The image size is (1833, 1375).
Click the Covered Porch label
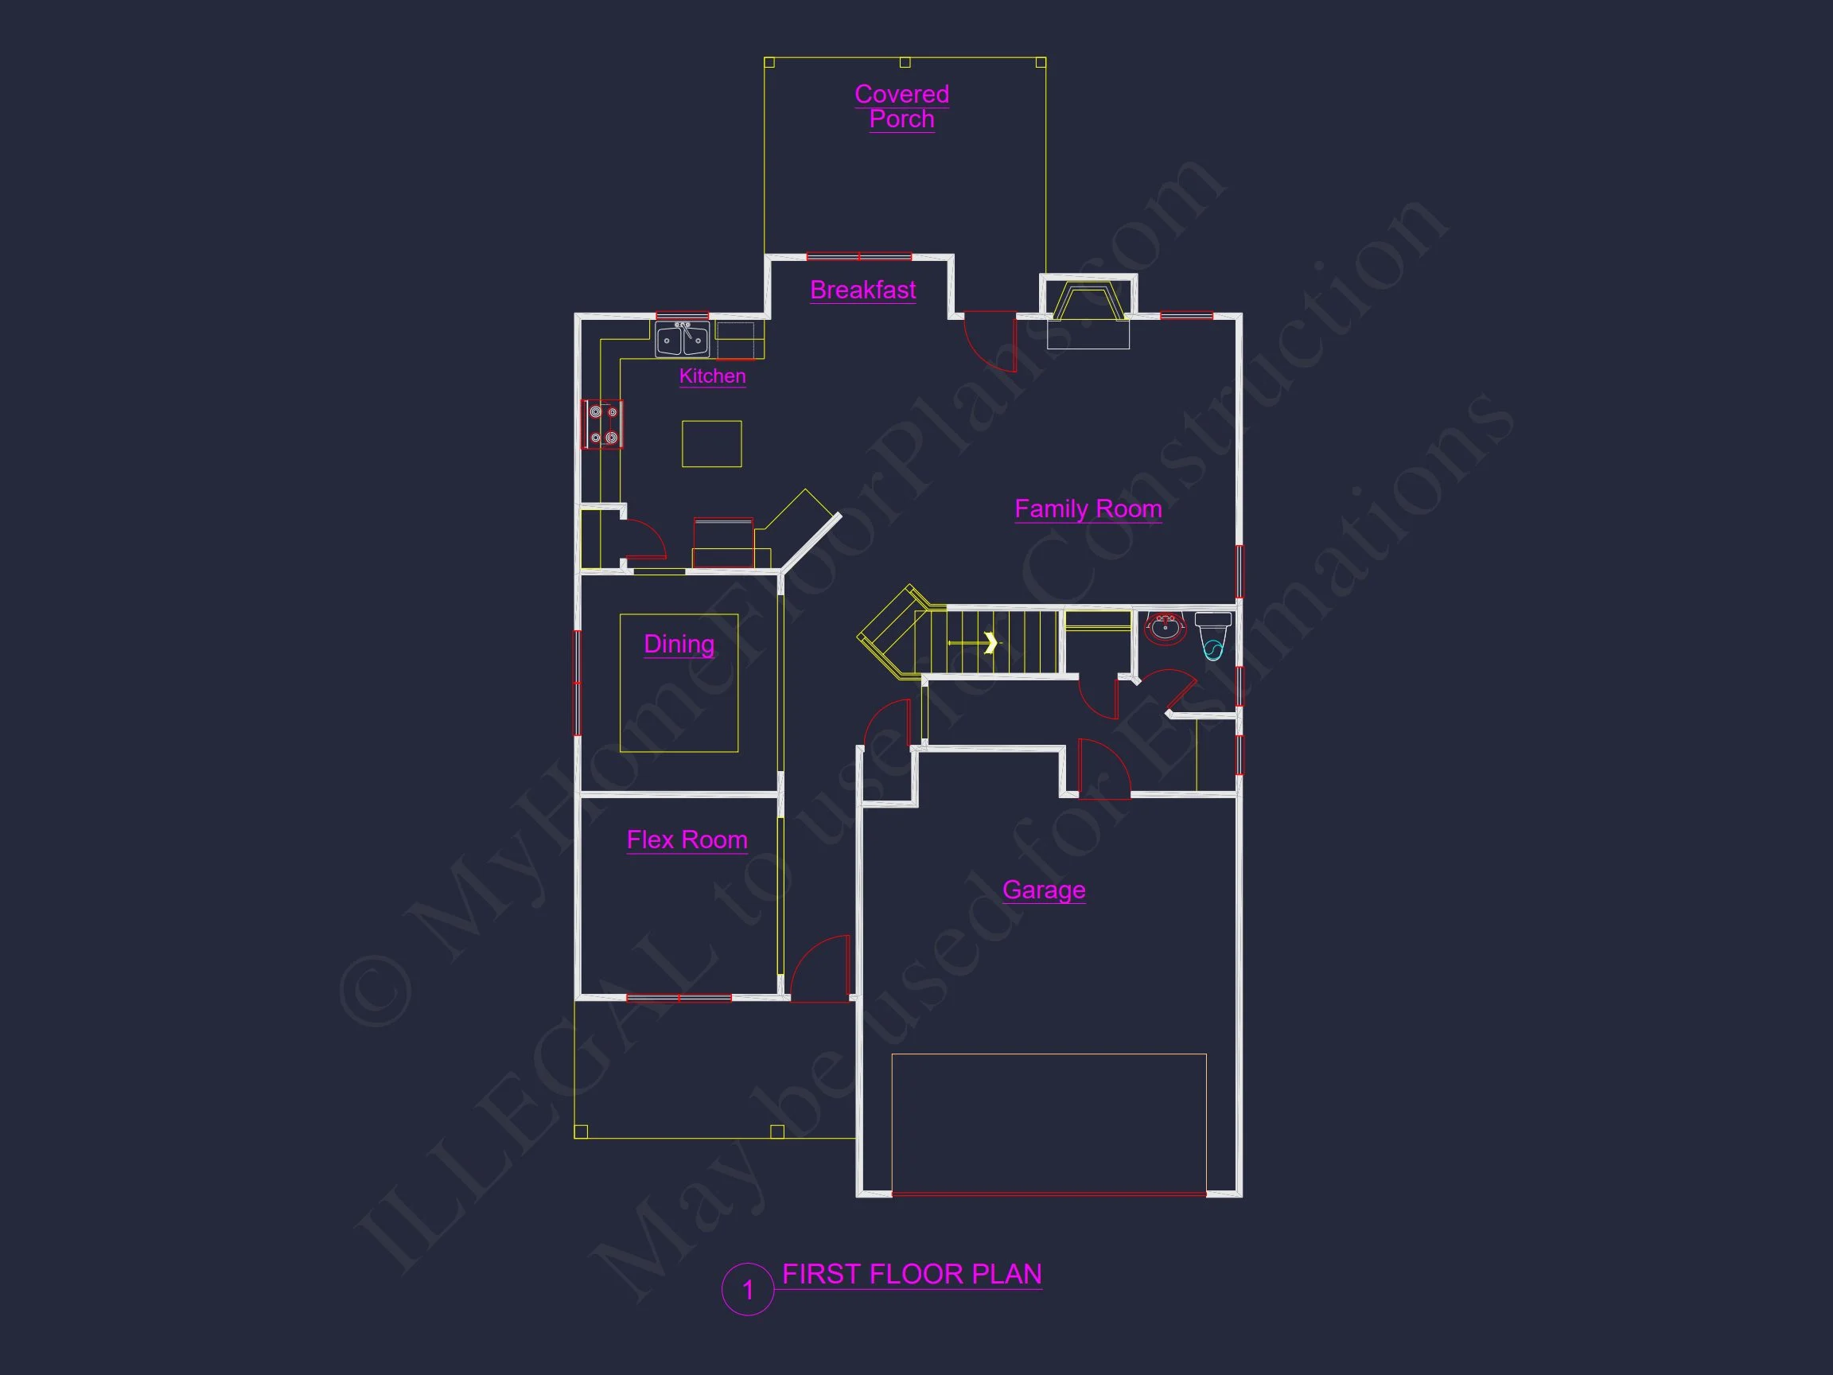pyautogui.click(x=901, y=106)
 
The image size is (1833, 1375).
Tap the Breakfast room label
pyautogui.click(x=862, y=290)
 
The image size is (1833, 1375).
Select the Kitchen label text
pyautogui.click(x=712, y=376)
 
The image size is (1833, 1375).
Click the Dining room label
pyautogui.click(x=679, y=644)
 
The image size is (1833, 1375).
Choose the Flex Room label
pyautogui.click(x=687, y=839)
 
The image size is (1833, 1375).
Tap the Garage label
pyautogui.click(x=1043, y=890)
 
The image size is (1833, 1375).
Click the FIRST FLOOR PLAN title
pyautogui.click(x=912, y=1274)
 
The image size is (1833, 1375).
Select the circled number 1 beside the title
pyautogui.click(x=748, y=1290)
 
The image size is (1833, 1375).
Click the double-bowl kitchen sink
pyautogui.click(x=681, y=340)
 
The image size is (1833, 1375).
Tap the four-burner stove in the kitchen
pyautogui.click(x=602, y=424)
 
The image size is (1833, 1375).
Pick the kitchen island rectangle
pyautogui.click(x=712, y=443)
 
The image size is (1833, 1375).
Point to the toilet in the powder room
pyautogui.click(x=1213, y=636)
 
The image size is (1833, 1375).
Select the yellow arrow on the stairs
pyautogui.click(x=974, y=642)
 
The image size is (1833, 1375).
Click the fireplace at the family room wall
pyautogui.click(x=1088, y=312)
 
